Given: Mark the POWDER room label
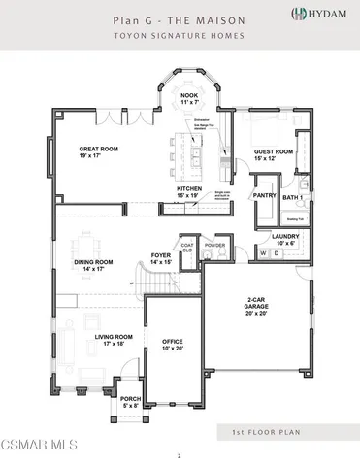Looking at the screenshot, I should tap(214, 246).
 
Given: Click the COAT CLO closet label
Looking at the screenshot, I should tap(188, 248).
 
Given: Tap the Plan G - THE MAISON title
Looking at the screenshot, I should tap(180, 18).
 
